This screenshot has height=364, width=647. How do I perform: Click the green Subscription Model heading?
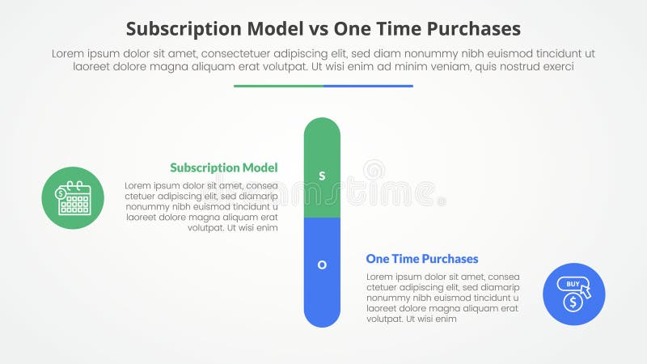(x=224, y=168)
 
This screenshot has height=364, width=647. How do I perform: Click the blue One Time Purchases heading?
(x=422, y=259)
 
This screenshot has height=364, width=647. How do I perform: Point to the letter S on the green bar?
(x=322, y=176)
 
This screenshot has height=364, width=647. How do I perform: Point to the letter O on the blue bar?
(x=322, y=265)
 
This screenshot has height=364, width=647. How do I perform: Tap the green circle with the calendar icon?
(x=73, y=198)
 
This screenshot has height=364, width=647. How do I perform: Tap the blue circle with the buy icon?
(x=574, y=294)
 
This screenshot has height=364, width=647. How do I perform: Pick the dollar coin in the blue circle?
(x=573, y=303)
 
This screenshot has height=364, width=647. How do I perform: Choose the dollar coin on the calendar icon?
(x=61, y=194)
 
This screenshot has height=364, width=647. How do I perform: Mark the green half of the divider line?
(x=278, y=86)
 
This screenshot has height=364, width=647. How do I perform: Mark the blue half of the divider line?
(x=368, y=86)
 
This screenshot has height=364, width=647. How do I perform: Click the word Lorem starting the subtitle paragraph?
(x=68, y=53)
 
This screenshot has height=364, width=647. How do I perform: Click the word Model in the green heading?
(x=260, y=168)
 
